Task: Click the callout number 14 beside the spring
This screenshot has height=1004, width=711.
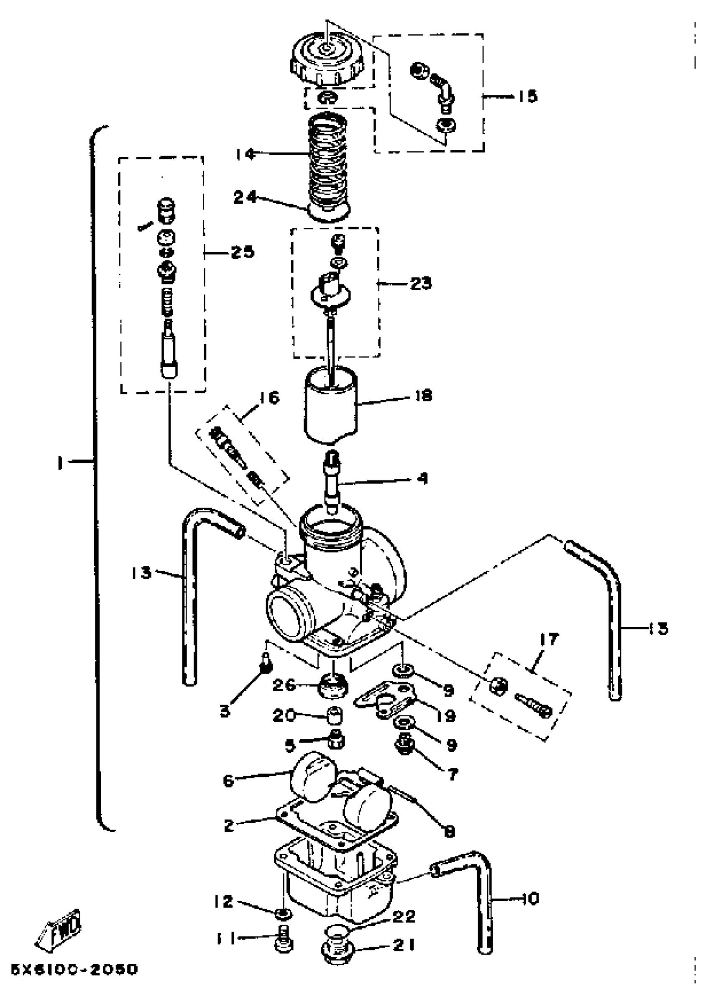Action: [x=245, y=153]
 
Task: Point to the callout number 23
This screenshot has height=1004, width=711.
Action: [x=421, y=284]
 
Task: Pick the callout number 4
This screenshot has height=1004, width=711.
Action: [x=422, y=478]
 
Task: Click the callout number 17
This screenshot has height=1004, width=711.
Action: [x=549, y=639]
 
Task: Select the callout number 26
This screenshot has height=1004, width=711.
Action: [x=284, y=685]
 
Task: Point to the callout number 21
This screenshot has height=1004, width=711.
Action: [x=403, y=945]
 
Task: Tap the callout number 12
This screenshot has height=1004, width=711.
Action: [x=224, y=902]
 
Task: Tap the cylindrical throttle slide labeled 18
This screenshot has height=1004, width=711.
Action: [x=331, y=403]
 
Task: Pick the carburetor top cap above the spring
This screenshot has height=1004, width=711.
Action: [x=327, y=61]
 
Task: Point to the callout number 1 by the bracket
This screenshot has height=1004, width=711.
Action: [x=59, y=463]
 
